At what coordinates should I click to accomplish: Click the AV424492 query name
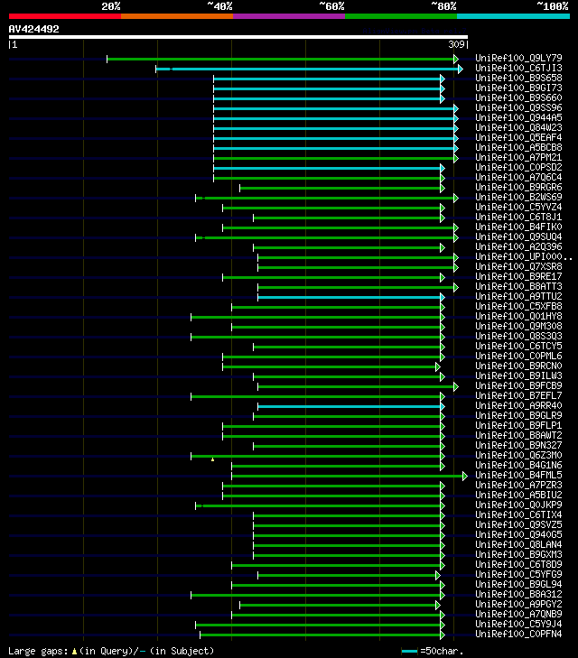coord(34,29)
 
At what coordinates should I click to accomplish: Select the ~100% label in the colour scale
coord(552,6)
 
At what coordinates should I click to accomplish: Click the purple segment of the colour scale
coord(288,16)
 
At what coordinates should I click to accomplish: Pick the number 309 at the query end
coord(456,44)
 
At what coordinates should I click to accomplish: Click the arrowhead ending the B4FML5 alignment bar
coord(464,476)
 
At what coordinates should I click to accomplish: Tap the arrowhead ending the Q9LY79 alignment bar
coord(456,59)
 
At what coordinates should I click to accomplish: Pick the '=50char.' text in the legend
coord(442,651)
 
